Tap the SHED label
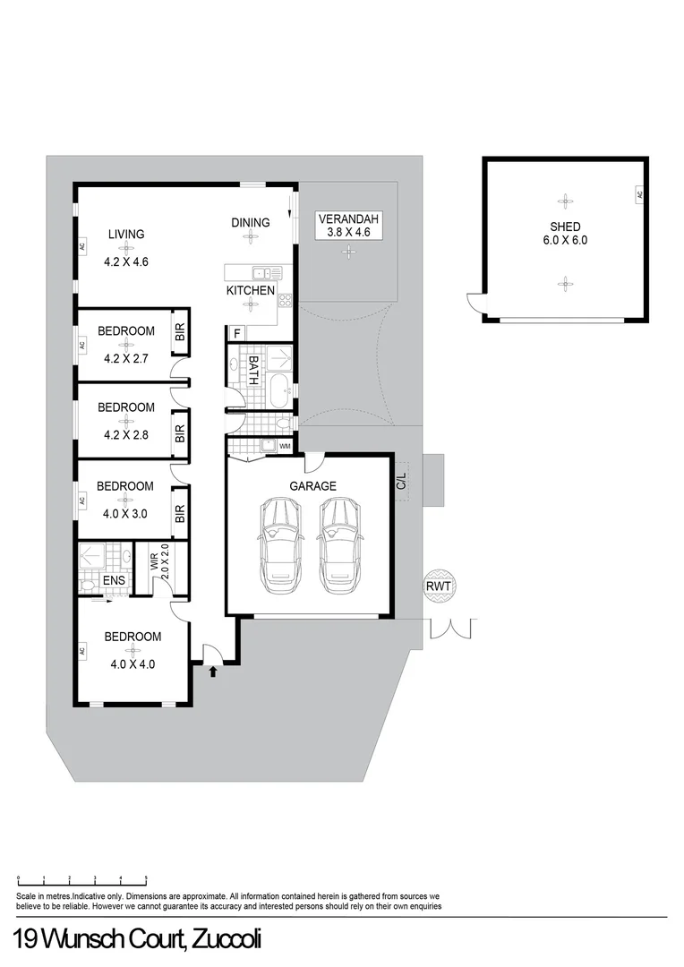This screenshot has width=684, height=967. point(565,227)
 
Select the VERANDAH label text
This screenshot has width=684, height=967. point(349,219)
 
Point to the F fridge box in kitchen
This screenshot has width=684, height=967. point(236,334)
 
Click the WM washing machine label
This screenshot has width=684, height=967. point(285,445)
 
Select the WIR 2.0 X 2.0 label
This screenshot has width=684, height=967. point(159,561)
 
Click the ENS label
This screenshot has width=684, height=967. point(114,581)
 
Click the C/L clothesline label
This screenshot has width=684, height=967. point(402,480)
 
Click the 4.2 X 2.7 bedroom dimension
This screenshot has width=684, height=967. point(125,358)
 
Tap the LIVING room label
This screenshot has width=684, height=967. point(126,235)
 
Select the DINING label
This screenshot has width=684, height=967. point(250,223)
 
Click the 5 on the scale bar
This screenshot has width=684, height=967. point(146,878)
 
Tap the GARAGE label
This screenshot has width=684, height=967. point(312,486)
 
